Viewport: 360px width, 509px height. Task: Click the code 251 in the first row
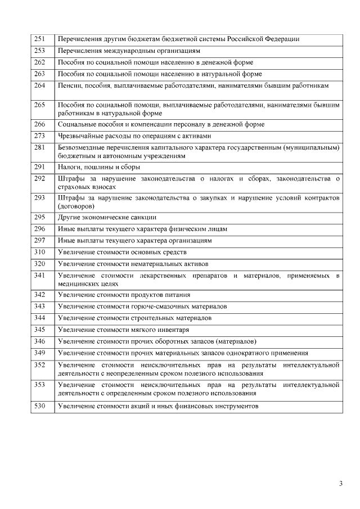point(39,39)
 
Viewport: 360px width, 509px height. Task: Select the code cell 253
point(39,51)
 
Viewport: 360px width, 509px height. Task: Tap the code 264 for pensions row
point(39,85)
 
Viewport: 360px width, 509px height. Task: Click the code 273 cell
point(39,136)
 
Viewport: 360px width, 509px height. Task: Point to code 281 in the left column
point(39,147)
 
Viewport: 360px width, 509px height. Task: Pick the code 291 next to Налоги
point(39,167)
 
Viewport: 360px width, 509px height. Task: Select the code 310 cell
point(39,251)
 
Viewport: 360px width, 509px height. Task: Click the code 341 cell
point(39,275)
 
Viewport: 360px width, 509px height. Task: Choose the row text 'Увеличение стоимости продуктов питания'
point(124,295)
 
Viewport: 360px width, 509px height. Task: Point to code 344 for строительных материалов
point(39,318)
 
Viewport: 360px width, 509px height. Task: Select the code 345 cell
point(39,330)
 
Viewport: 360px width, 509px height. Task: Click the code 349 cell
point(39,353)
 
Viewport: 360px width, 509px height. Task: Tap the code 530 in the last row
point(39,406)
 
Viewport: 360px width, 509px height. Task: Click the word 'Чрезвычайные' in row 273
point(79,136)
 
